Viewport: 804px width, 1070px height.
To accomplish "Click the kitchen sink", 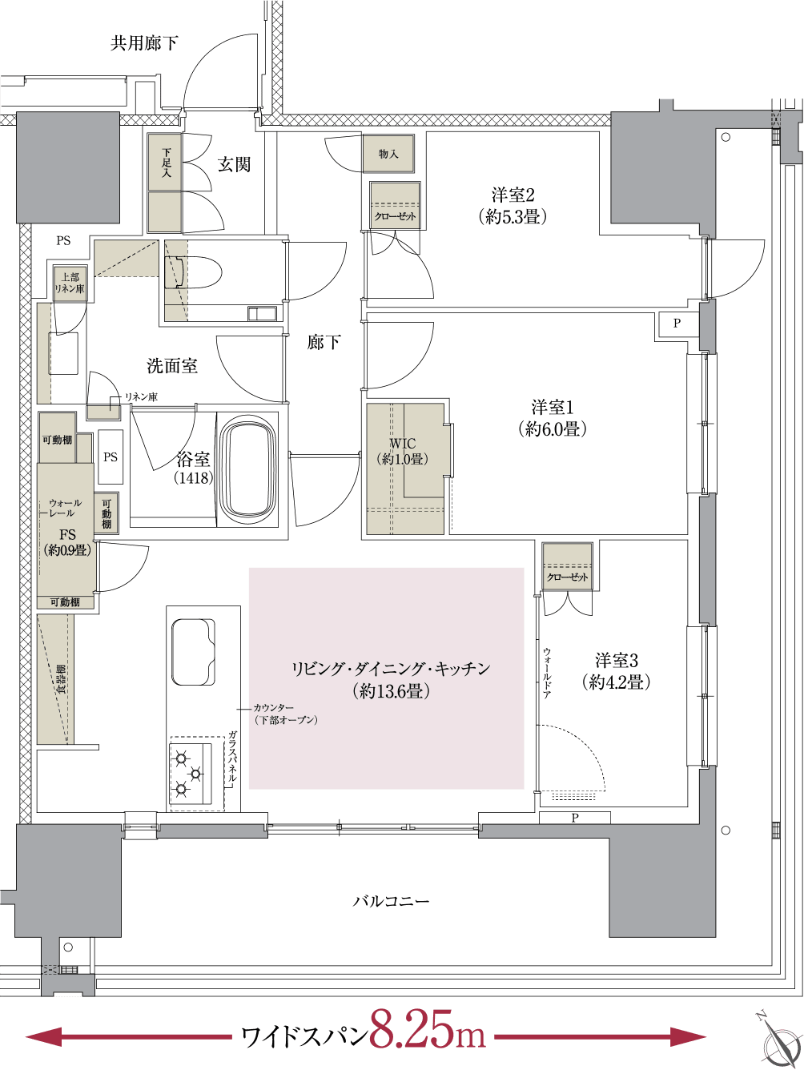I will pos(192,651).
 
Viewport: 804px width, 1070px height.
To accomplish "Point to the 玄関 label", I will pos(234,165).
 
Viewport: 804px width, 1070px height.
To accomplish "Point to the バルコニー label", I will pos(392,901).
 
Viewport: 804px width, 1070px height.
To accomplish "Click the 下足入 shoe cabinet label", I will pos(166,163).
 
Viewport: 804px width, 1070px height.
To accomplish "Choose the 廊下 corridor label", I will pos(324,344).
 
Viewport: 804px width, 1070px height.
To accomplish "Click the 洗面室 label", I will pos(172,367).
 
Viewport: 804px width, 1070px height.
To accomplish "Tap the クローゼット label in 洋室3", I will pos(567,577).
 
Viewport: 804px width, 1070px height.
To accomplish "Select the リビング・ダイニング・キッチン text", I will pos(390,670).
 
